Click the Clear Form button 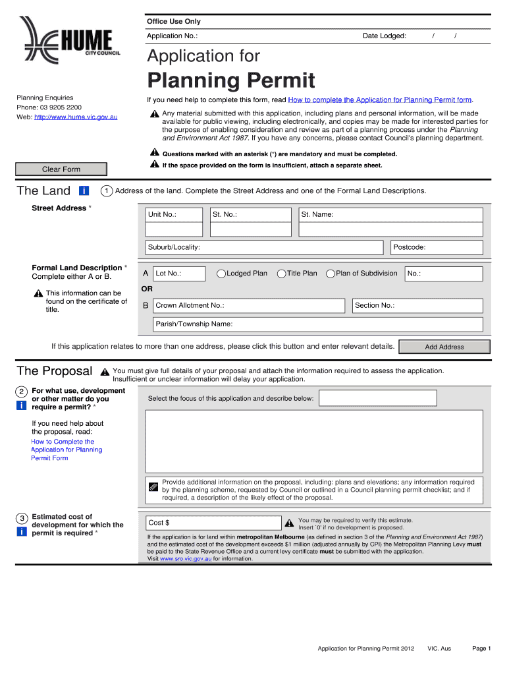(61, 169)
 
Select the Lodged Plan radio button (222, 274)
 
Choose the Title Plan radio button (282, 274)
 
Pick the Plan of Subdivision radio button (331, 274)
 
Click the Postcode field (437, 247)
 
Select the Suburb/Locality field (264, 247)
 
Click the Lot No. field (179, 274)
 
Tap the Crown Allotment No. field (249, 306)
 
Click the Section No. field (417, 306)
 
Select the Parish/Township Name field (317, 324)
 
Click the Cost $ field (213, 523)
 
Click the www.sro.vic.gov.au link (186, 559)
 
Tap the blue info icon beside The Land (84, 191)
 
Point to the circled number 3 (22, 518)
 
